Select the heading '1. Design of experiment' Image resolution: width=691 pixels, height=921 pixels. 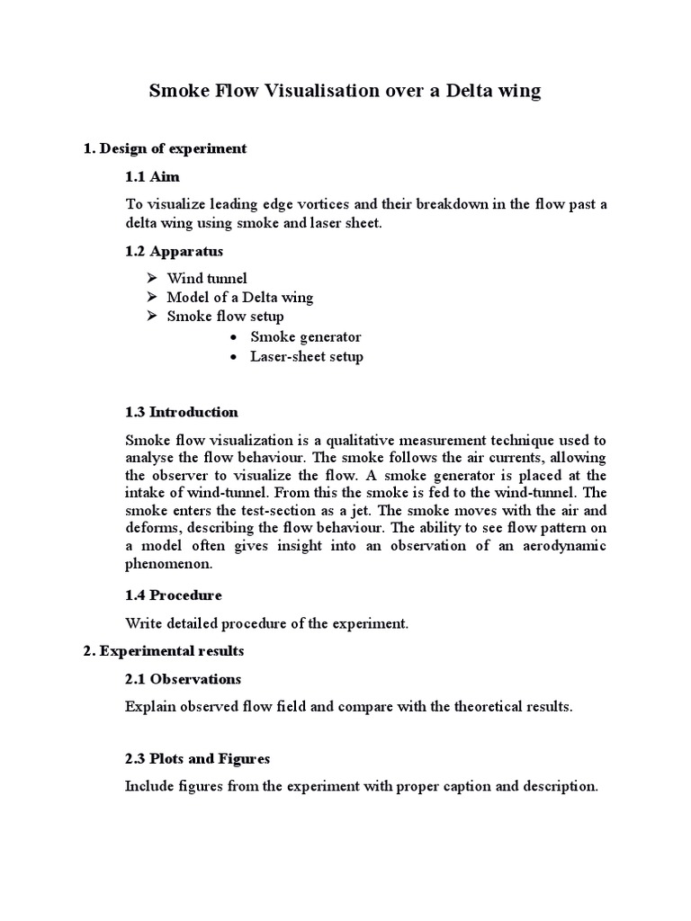(165, 148)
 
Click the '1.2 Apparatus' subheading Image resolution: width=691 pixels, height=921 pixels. (175, 250)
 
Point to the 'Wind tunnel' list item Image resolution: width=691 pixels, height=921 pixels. (206, 278)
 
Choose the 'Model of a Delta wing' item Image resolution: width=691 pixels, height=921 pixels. (240, 297)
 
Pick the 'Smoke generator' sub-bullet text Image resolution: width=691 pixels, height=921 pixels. (306, 336)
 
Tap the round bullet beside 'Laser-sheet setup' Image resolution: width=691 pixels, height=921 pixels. (233, 357)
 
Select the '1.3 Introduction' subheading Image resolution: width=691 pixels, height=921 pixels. (182, 412)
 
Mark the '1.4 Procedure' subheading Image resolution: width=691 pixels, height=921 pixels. (174, 595)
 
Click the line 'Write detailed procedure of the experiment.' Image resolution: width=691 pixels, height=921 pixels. (267, 622)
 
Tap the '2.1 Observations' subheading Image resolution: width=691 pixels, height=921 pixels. (184, 678)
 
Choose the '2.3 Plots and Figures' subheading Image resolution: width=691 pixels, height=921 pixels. (198, 759)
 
